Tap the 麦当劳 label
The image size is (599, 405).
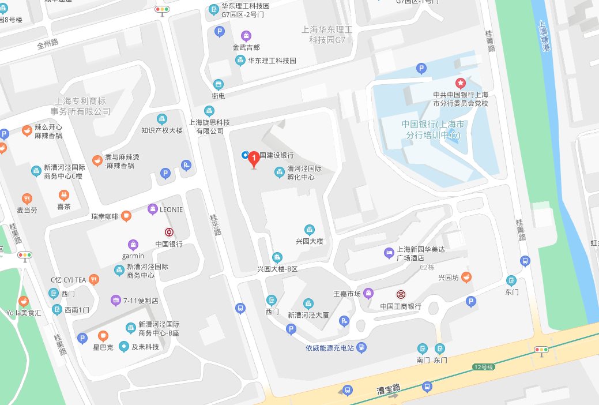pyautogui.click(x=27, y=210)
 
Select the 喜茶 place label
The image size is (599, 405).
pyautogui.click(x=63, y=207)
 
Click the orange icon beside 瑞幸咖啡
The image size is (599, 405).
pyautogui.click(x=126, y=216)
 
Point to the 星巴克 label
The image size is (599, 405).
pyautogui.click(x=103, y=347)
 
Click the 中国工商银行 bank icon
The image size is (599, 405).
pyautogui.click(x=401, y=294)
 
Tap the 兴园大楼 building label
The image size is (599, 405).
pyautogui.click(x=310, y=241)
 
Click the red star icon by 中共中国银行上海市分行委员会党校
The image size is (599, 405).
pyautogui.click(x=460, y=83)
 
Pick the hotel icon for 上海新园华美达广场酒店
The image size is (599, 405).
pyautogui.click(x=389, y=252)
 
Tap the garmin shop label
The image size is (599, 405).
pyautogui.click(x=133, y=256)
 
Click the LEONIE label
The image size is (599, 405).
pyautogui.click(x=171, y=209)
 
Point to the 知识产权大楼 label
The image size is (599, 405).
pyautogui.click(x=162, y=130)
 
